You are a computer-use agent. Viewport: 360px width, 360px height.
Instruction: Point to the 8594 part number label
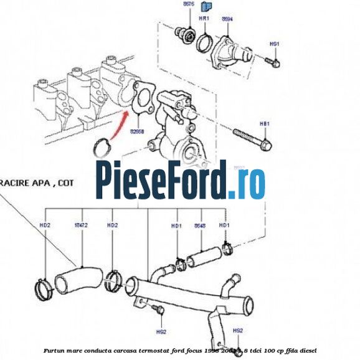coord(227,19)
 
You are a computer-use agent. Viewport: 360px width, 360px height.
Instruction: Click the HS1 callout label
coord(274,44)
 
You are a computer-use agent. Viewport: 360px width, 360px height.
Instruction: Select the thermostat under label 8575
coord(185,34)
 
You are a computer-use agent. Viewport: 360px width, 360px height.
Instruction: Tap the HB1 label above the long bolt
coord(264,124)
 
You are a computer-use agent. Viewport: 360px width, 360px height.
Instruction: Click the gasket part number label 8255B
coord(137,132)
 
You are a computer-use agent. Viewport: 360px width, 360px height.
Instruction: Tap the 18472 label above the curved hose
coord(81,224)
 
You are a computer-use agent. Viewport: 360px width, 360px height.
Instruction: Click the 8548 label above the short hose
coord(200,225)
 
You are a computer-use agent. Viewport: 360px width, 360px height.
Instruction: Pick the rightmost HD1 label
coord(224,225)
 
